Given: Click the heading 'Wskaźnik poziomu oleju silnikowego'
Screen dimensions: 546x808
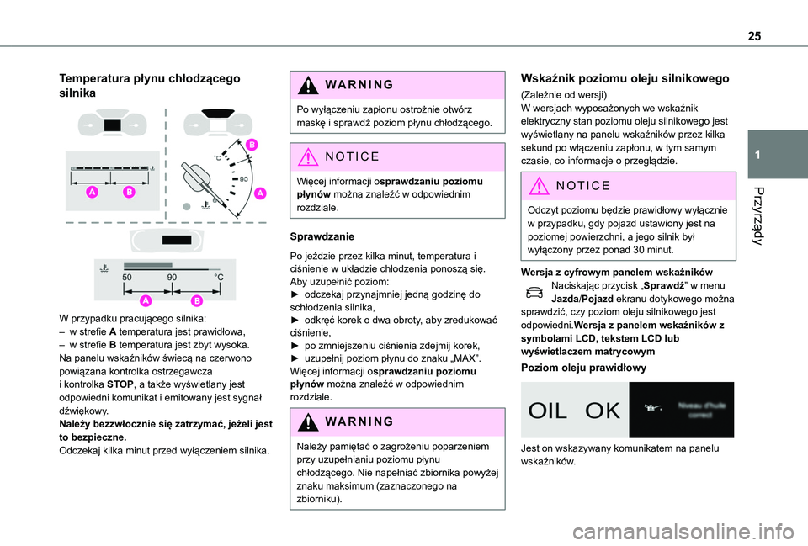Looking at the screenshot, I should (x=625, y=78).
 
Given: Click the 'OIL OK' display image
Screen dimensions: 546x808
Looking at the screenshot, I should (x=575, y=410).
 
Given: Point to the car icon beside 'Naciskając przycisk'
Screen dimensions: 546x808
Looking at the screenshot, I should (x=534, y=291).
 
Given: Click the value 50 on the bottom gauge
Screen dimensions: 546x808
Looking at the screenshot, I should (x=128, y=276).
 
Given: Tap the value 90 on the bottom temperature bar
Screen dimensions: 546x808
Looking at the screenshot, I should (x=173, y=276).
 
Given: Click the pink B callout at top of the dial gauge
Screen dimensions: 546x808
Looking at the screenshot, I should (x=251, y=146).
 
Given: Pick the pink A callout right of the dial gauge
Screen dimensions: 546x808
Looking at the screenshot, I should (x=259, y=193).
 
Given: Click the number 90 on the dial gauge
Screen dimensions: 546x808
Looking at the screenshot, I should (x=244, y=179).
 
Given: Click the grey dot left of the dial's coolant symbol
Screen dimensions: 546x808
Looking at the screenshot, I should (x=187, y=204).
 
